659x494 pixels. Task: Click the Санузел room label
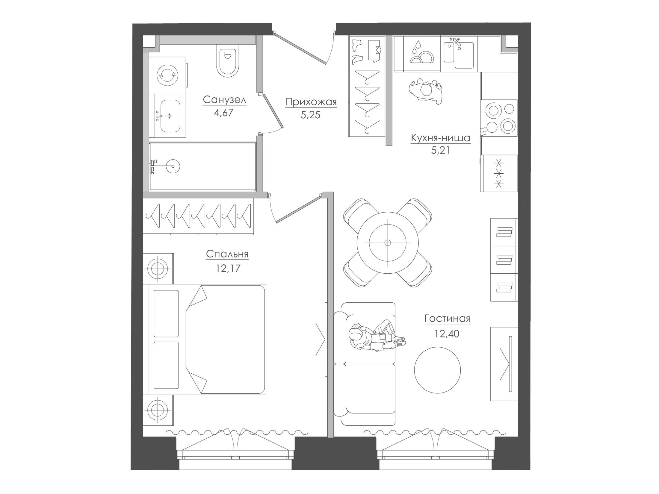point(224,100)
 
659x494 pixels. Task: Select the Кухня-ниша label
point(440,138)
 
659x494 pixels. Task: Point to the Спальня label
point(227,254)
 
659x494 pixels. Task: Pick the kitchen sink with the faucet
point(459,54)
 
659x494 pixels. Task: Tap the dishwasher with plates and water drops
point(422,54)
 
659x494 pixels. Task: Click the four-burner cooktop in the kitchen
point(499,118)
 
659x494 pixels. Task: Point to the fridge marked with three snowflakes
point(499,173)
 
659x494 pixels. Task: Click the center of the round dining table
point(388,243)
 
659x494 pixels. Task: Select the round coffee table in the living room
point(438,370)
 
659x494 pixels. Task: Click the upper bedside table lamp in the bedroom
point(157,268)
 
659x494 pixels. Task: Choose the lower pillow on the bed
point(166,365)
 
